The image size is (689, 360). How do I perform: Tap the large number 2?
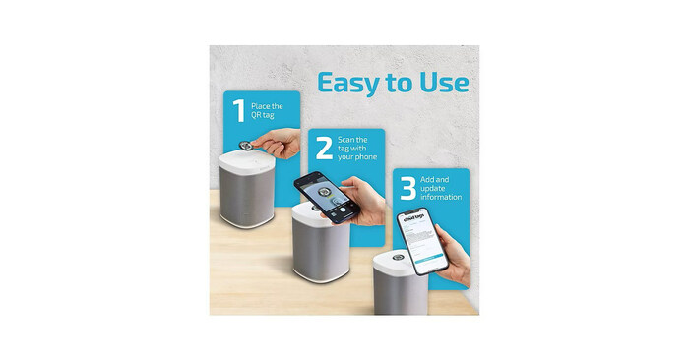(x=323, y=150)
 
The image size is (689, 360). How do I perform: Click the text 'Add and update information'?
(x=440, y=187)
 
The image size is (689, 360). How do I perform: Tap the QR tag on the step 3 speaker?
(x=397, y=258)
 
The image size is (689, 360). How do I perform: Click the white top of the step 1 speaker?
(x=245, y=157)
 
